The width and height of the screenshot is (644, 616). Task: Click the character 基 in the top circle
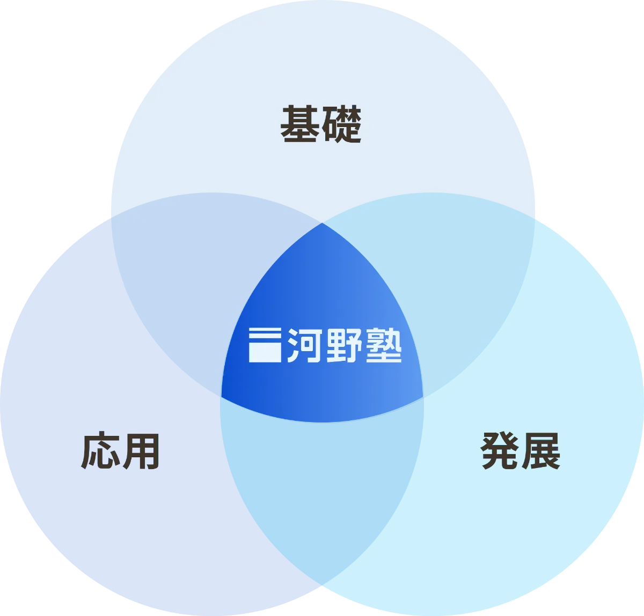(300, 124)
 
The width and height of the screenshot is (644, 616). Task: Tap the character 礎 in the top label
(342, 124)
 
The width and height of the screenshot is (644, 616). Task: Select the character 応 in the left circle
(100, 450)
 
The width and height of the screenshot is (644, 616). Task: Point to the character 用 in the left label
(141, 451)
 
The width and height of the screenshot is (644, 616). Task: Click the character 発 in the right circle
(500, 450)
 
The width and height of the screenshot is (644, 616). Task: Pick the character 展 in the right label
(541, 451)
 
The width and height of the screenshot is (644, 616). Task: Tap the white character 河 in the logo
(304, 345)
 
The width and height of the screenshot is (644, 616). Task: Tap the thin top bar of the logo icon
(265, 330)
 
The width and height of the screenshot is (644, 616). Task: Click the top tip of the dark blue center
(322, 223)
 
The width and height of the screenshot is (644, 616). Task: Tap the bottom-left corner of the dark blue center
(222, 397)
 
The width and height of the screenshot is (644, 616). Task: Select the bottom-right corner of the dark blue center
(423, 397)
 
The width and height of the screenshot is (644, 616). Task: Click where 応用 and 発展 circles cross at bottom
(322, 585)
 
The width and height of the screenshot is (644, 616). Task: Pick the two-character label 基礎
(321, 124)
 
